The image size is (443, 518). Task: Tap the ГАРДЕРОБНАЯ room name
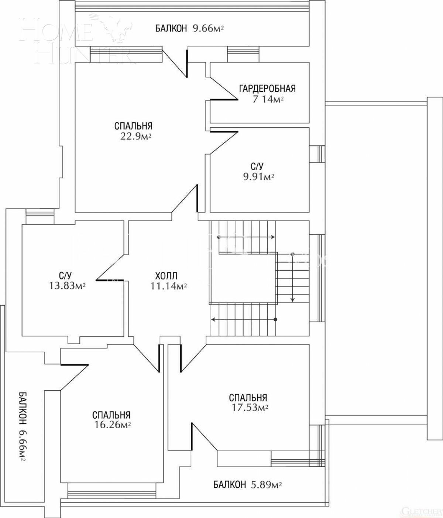tap(267, 89)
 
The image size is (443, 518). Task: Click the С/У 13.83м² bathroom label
tap(67, 281)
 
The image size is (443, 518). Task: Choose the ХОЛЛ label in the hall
tap(166, 276)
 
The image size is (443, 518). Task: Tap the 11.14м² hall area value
tap(168, 286)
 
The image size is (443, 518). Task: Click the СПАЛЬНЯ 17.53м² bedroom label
tap(248, 402)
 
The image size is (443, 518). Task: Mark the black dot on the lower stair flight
tap(275, 319)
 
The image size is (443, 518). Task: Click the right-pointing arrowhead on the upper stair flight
tap(273, 237)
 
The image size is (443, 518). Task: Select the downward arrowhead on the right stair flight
tap(292, 300)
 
